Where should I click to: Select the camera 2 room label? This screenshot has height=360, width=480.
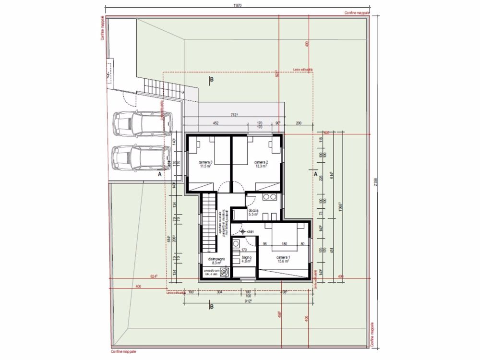point(261,162)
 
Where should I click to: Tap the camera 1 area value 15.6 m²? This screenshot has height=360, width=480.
point(282,262)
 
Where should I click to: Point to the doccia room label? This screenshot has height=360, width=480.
point(253,211)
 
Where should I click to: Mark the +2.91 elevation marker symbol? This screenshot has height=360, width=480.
point(243,232)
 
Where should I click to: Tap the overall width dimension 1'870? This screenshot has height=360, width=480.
point(237,5)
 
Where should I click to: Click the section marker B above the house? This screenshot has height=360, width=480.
point(211,79)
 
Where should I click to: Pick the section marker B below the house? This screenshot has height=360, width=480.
point(211,306)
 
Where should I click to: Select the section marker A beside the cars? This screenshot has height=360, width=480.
point(159,175)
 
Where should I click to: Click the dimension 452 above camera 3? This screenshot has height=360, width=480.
point(216,123)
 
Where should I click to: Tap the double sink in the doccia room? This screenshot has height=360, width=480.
point(270,197)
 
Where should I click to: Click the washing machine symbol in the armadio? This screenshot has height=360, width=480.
point(224,272)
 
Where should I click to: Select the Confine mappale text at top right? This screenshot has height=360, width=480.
point(357,13)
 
